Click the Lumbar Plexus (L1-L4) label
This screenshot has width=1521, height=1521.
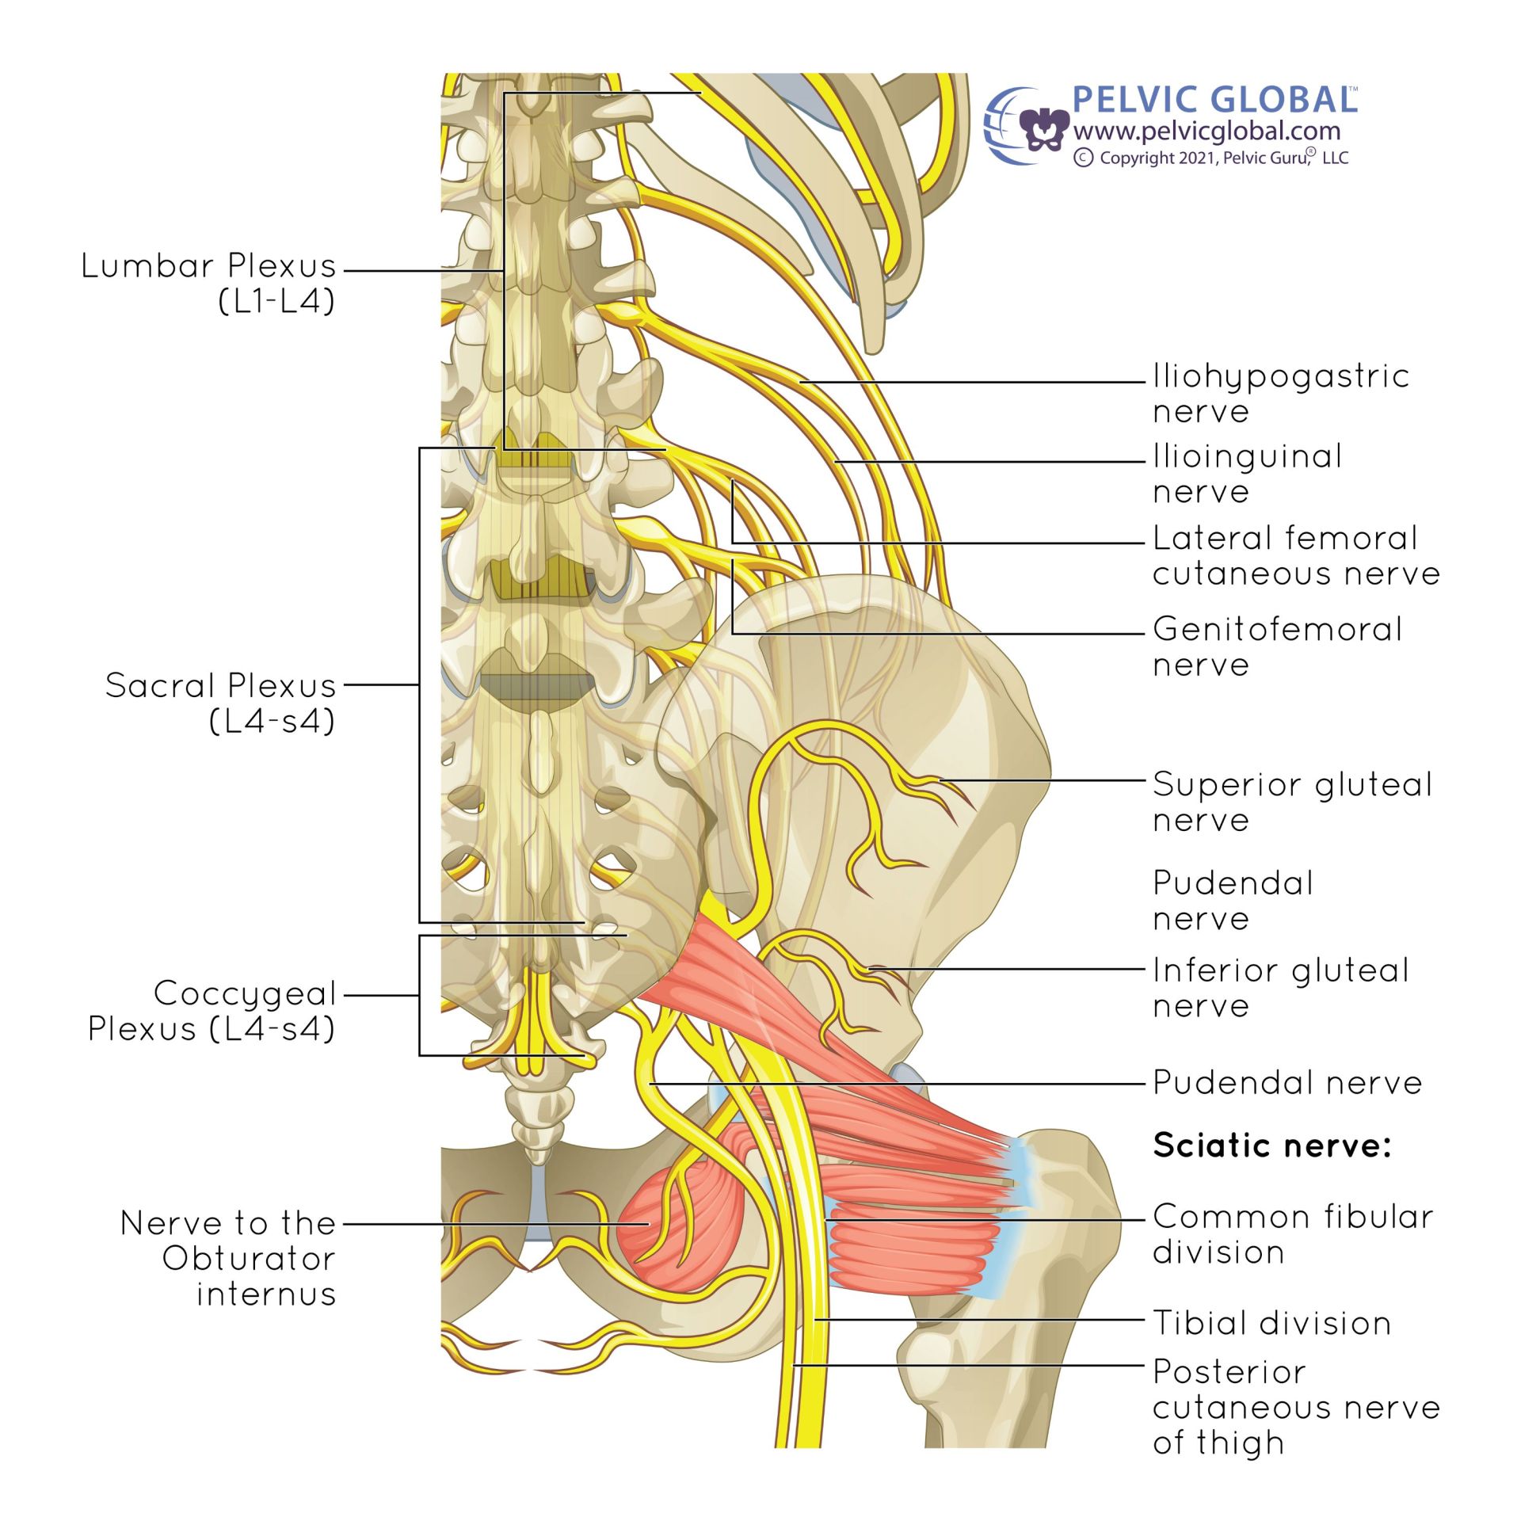point(209,283)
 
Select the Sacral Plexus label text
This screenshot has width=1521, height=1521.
point(220,703)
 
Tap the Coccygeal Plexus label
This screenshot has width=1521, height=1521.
point(212,1011)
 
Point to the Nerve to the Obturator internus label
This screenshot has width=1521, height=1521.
point(228,1258)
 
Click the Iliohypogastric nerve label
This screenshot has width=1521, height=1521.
point(1280,394)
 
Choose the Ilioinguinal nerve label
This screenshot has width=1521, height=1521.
point(1247,474)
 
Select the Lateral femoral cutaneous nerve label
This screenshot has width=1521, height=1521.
point(1296,555)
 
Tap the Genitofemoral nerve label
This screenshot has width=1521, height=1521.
point(1277,646)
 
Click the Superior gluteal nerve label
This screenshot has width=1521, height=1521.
point(1292,802)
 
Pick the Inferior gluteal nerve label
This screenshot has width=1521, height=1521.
point(1280,988)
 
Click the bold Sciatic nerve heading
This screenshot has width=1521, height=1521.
point(1271,1146)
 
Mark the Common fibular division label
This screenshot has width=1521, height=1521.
point(1293,1234)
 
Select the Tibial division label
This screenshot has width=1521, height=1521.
point(1271,1323)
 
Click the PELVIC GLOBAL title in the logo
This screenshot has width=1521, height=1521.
point(1214,101)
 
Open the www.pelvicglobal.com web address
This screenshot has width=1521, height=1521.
point(1207,131)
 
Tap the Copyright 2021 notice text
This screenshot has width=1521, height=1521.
point(1211,158)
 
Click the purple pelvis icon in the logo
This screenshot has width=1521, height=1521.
point(1043,129)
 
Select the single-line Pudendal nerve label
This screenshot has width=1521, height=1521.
point(1287,1083)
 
